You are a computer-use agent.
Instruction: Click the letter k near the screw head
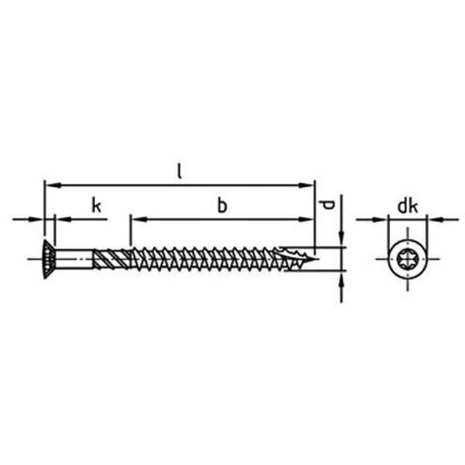95,206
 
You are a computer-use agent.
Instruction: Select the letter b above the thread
223,206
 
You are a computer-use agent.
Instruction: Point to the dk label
406,206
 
